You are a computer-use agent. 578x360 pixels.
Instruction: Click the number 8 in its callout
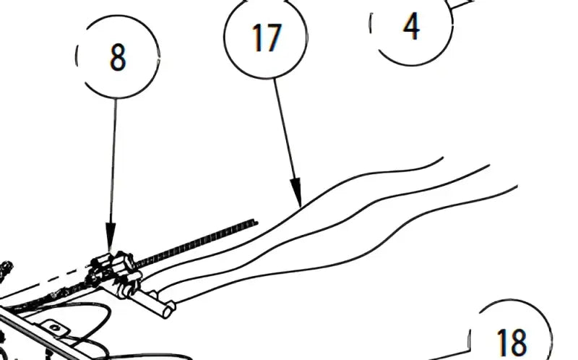118,57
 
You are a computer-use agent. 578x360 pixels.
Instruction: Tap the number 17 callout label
267,38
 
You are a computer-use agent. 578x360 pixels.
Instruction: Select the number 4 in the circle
411,26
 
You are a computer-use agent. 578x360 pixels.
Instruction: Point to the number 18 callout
512,342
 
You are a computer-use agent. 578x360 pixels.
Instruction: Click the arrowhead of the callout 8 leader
111,237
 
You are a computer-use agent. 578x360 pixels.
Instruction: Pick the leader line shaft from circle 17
284,129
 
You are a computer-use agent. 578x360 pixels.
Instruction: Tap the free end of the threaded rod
256,222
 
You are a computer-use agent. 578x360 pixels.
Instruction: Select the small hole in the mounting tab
55,327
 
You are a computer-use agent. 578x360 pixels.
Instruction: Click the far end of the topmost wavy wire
442,158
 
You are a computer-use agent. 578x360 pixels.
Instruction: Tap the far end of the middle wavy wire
489,166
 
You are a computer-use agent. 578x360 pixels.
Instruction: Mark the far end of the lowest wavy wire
517,187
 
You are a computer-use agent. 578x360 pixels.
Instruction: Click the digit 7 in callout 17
274,38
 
